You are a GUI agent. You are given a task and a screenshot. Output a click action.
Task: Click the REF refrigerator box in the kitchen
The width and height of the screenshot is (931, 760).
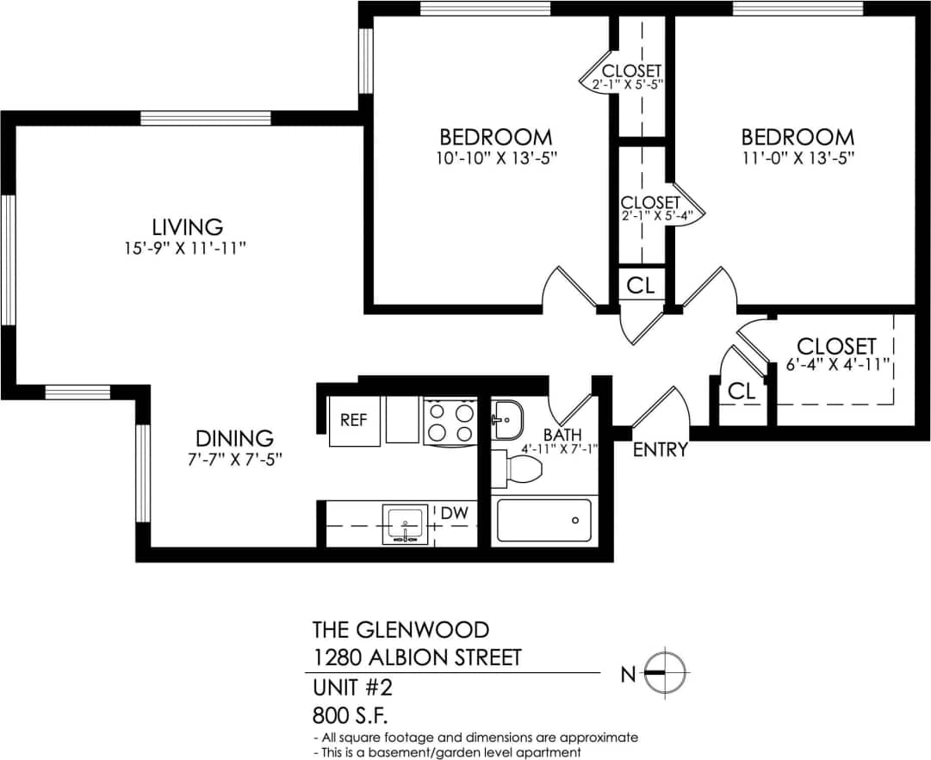tap(354, 422)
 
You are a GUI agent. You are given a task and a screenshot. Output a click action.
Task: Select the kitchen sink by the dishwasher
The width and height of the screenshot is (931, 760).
tap(405, 523)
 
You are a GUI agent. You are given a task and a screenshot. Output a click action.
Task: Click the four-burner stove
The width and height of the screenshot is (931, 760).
tap(450, 422)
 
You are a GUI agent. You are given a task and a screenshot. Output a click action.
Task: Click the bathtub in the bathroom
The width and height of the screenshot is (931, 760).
tap(543, 519)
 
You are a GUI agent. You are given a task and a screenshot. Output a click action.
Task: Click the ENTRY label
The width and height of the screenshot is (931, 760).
tap(661, 449)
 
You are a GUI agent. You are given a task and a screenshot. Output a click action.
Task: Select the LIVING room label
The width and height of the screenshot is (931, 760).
tap(187, 227)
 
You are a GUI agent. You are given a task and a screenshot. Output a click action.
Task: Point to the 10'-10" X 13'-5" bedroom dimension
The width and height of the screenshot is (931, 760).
tap(495, 158)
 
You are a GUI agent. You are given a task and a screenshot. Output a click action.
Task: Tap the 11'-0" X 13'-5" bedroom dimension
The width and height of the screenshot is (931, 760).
tap(798, 158)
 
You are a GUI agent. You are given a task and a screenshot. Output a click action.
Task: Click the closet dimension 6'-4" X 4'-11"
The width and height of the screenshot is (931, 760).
tap(836, 366)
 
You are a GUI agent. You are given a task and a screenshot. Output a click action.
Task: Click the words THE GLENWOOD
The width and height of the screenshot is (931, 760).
tap(400, 628)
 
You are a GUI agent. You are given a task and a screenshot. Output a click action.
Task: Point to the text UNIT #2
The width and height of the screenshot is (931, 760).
tap(356, 687)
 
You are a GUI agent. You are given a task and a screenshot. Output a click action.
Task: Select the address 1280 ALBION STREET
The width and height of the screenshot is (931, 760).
tap(417, 658)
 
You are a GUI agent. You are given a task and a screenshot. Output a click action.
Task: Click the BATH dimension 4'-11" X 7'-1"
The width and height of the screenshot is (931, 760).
tap(560, 448)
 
